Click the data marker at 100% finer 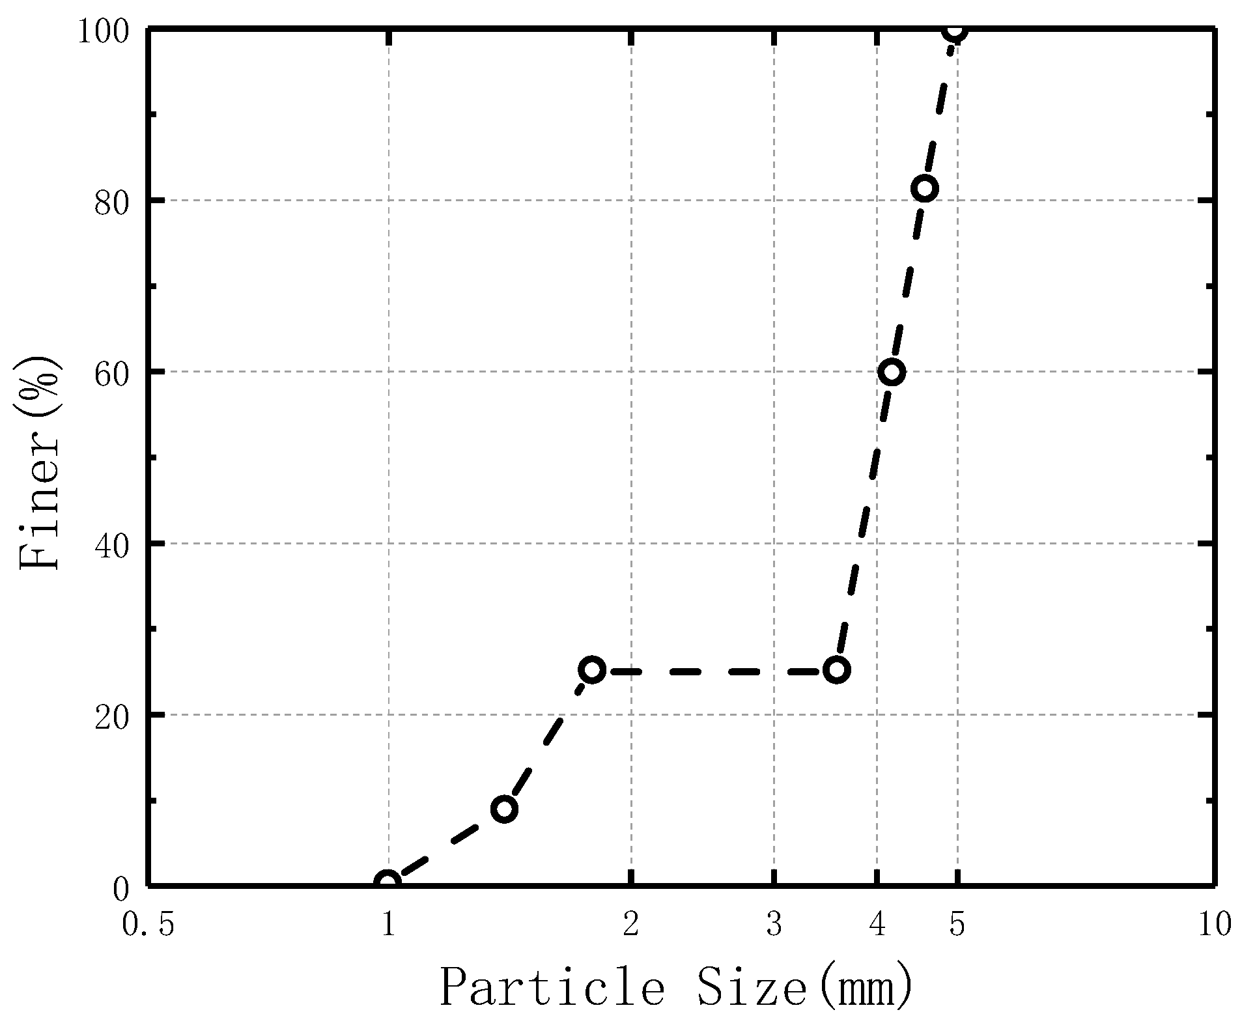click(x=956, y=29)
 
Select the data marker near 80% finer click(x=925, y=189)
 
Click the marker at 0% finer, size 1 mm click(x=388, y=883)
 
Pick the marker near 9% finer click(x=505, y=809)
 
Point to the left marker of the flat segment click(x=592, y=670)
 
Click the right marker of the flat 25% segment click(x=837, y=670)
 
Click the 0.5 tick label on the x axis click(x=148, y=924)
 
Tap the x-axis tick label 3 click(x=774, y=924)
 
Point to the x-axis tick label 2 click(x=630, y=924)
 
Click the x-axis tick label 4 click(x=877, y=924)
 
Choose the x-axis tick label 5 click(x=957, y=924)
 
